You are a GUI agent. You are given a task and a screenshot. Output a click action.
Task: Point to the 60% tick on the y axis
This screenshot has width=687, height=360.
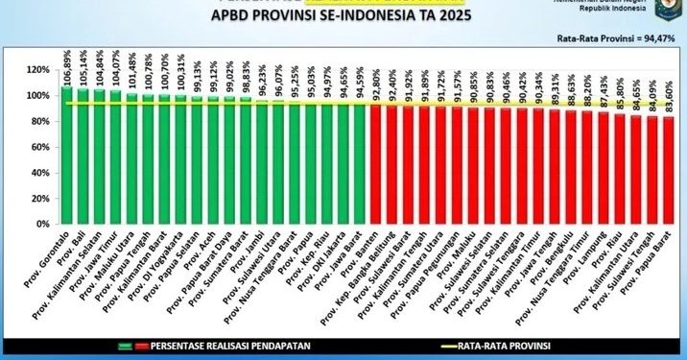point(38,147)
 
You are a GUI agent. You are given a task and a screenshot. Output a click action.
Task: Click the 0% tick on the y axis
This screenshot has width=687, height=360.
point(42,225)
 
